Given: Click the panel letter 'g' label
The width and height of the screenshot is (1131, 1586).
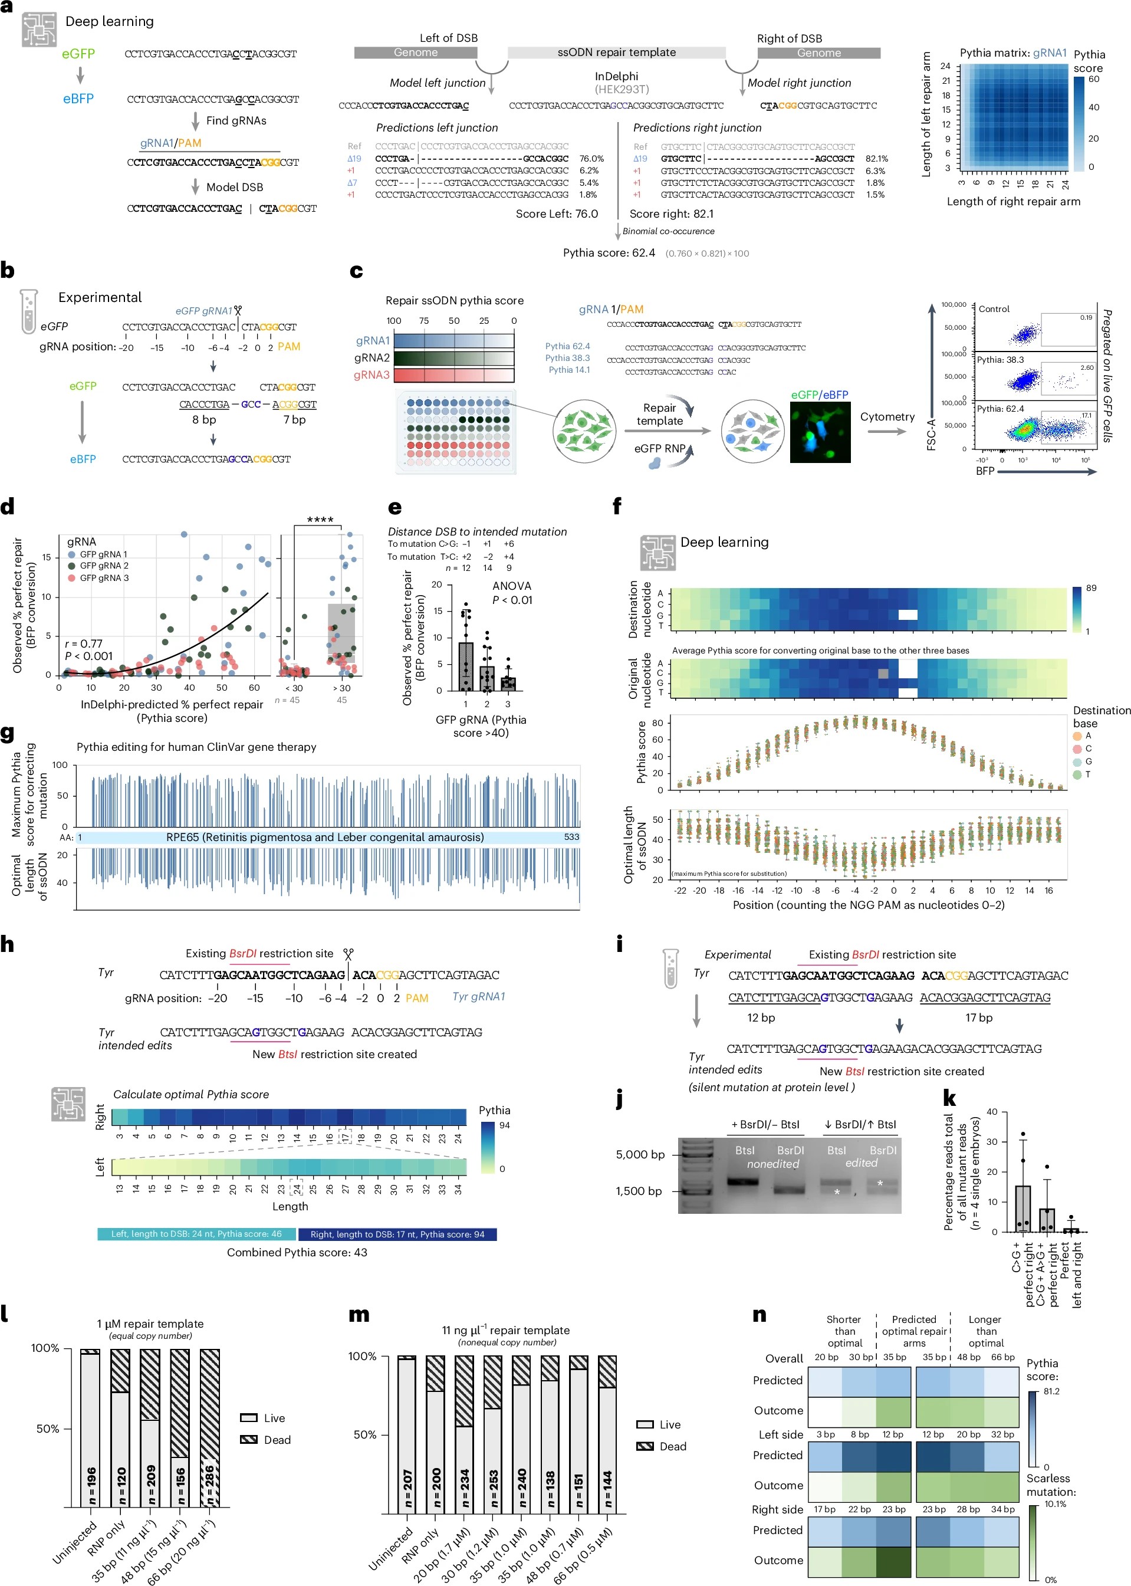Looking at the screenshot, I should click(8, 734).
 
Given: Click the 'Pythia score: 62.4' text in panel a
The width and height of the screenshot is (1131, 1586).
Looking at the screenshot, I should click(609, 253).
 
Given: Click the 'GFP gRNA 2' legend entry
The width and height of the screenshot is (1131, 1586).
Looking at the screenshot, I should click(103, 566).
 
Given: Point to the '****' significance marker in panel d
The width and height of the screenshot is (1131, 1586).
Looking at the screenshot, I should click(320, 520).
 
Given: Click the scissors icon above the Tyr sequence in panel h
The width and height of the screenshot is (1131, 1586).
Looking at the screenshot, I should click(348, 954).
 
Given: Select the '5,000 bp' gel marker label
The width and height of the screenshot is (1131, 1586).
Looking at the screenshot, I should click(640, 1154).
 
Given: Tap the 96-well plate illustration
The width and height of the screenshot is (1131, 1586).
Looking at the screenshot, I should click(456, 432).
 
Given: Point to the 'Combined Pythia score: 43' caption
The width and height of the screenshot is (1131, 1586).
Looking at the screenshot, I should click(297, 1252).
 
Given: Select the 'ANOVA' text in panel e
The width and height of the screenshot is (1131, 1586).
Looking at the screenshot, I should click(511, 586).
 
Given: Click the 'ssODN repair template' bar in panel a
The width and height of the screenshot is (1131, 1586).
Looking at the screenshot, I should click(616, 52).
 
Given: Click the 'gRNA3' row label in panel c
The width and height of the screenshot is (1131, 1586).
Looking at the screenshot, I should click(371, 375).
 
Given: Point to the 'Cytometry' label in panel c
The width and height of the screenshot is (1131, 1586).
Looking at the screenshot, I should click(886, 416).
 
